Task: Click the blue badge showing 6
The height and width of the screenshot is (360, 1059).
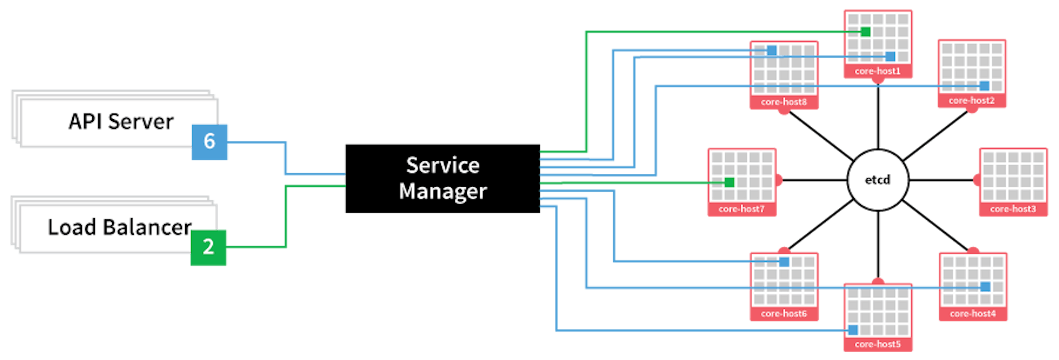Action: click(210, 141)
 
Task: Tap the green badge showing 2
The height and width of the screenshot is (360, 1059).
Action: click(208, 247)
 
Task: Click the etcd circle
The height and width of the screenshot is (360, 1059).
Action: click(878, 180)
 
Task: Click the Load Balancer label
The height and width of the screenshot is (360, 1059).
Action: click(119, 227)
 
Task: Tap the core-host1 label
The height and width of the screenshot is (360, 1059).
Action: click(878, 71)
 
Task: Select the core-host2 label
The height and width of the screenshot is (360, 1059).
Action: click(972, 101)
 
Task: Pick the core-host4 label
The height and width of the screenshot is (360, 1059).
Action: click(973, 314)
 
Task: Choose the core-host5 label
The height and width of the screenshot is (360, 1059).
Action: click(878, 344)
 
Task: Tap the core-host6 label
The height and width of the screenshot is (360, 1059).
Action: click(783, 314)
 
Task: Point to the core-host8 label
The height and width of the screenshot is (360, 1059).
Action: click(783, 102)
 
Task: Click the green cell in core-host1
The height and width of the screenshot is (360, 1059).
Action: click(865, 32)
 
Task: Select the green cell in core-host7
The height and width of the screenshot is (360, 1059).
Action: click(729, 182)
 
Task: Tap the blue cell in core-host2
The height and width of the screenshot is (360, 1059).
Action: click(984, 86)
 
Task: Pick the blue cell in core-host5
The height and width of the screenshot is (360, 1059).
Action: click(853, 330)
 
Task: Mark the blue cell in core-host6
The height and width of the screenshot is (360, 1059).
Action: click(784, 262)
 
